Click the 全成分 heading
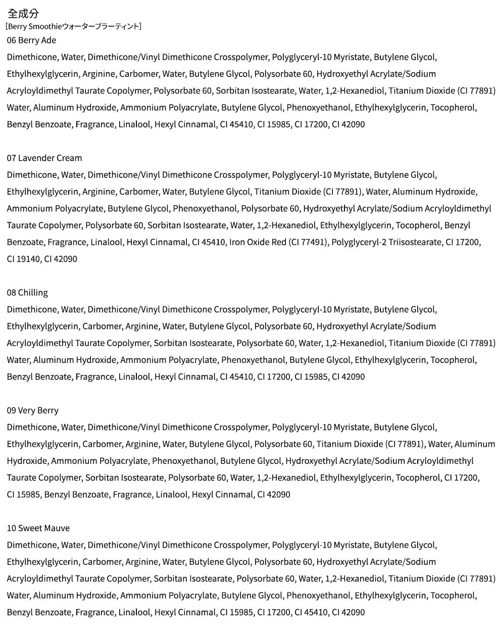pos(23,14)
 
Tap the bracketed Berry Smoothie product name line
pos(73,26)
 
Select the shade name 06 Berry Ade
pos(31,40)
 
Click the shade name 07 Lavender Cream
pos(44,158)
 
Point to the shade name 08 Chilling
pos(27,293)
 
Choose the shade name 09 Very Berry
pos(32,410)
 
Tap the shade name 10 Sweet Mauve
pos(38,528)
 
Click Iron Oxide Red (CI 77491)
pos(278,242)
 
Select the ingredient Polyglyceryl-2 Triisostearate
pos(386,242)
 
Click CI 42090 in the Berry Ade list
pos(348,124)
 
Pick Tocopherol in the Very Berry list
pos(418,477)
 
